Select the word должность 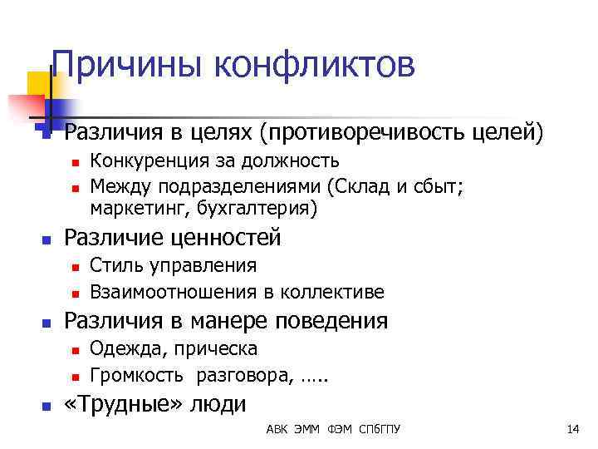pyautogui.click(x=289, y=160)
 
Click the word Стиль pyautogui.click(x=112, y=266)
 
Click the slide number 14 pyautogui.click(x=572, y=429)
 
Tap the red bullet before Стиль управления pyautogui.click(x=74, y=268)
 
